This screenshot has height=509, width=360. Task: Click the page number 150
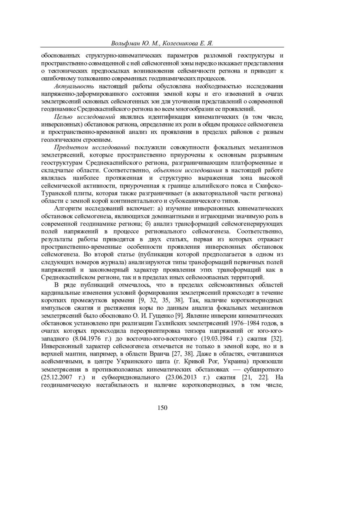click(x=162, y=407)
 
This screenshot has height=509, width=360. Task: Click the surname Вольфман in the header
click(x=125, y=43)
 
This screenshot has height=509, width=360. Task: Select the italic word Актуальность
click(x=74, y=87)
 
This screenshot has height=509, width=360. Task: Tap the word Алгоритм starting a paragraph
click(x=68, y=209)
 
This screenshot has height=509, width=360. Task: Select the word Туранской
click(x=57, y=193)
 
